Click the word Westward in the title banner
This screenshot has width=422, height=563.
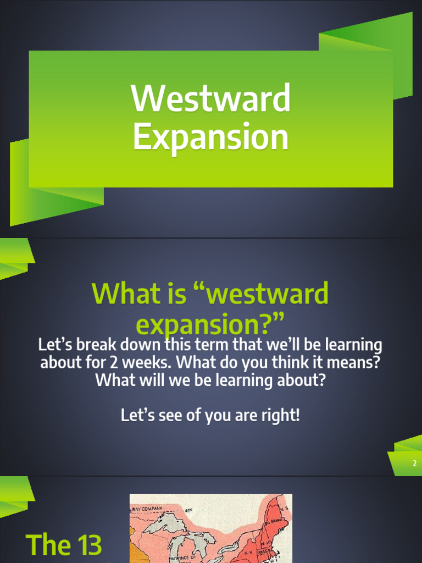click(210, 98)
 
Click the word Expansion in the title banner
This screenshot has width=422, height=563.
click(210, 137)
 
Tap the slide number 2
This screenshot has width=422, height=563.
click(415, 463)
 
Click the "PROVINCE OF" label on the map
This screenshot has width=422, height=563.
click(186, 558)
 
